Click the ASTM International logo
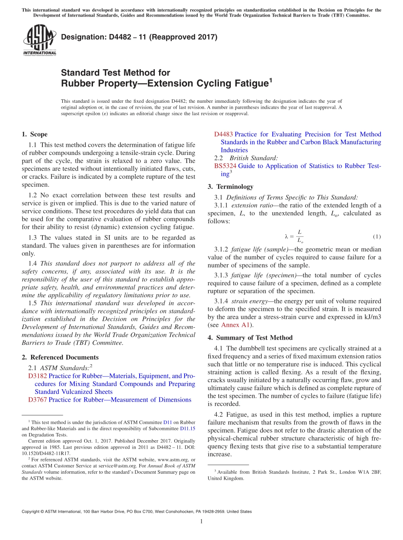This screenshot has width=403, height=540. [x=39, y=41]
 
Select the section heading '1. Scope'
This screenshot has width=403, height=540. [x=34, y=134]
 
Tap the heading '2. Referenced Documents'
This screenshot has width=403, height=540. [x=60, y=357]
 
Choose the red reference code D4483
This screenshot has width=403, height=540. [x=223, y=134]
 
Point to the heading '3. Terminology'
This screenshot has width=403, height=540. [x=230, y=186]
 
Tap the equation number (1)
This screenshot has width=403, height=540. [x=377, y=236]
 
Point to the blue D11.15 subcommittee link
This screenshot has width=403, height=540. [x=188, y=428]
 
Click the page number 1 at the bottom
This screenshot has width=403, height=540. [x=201, y=522]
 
